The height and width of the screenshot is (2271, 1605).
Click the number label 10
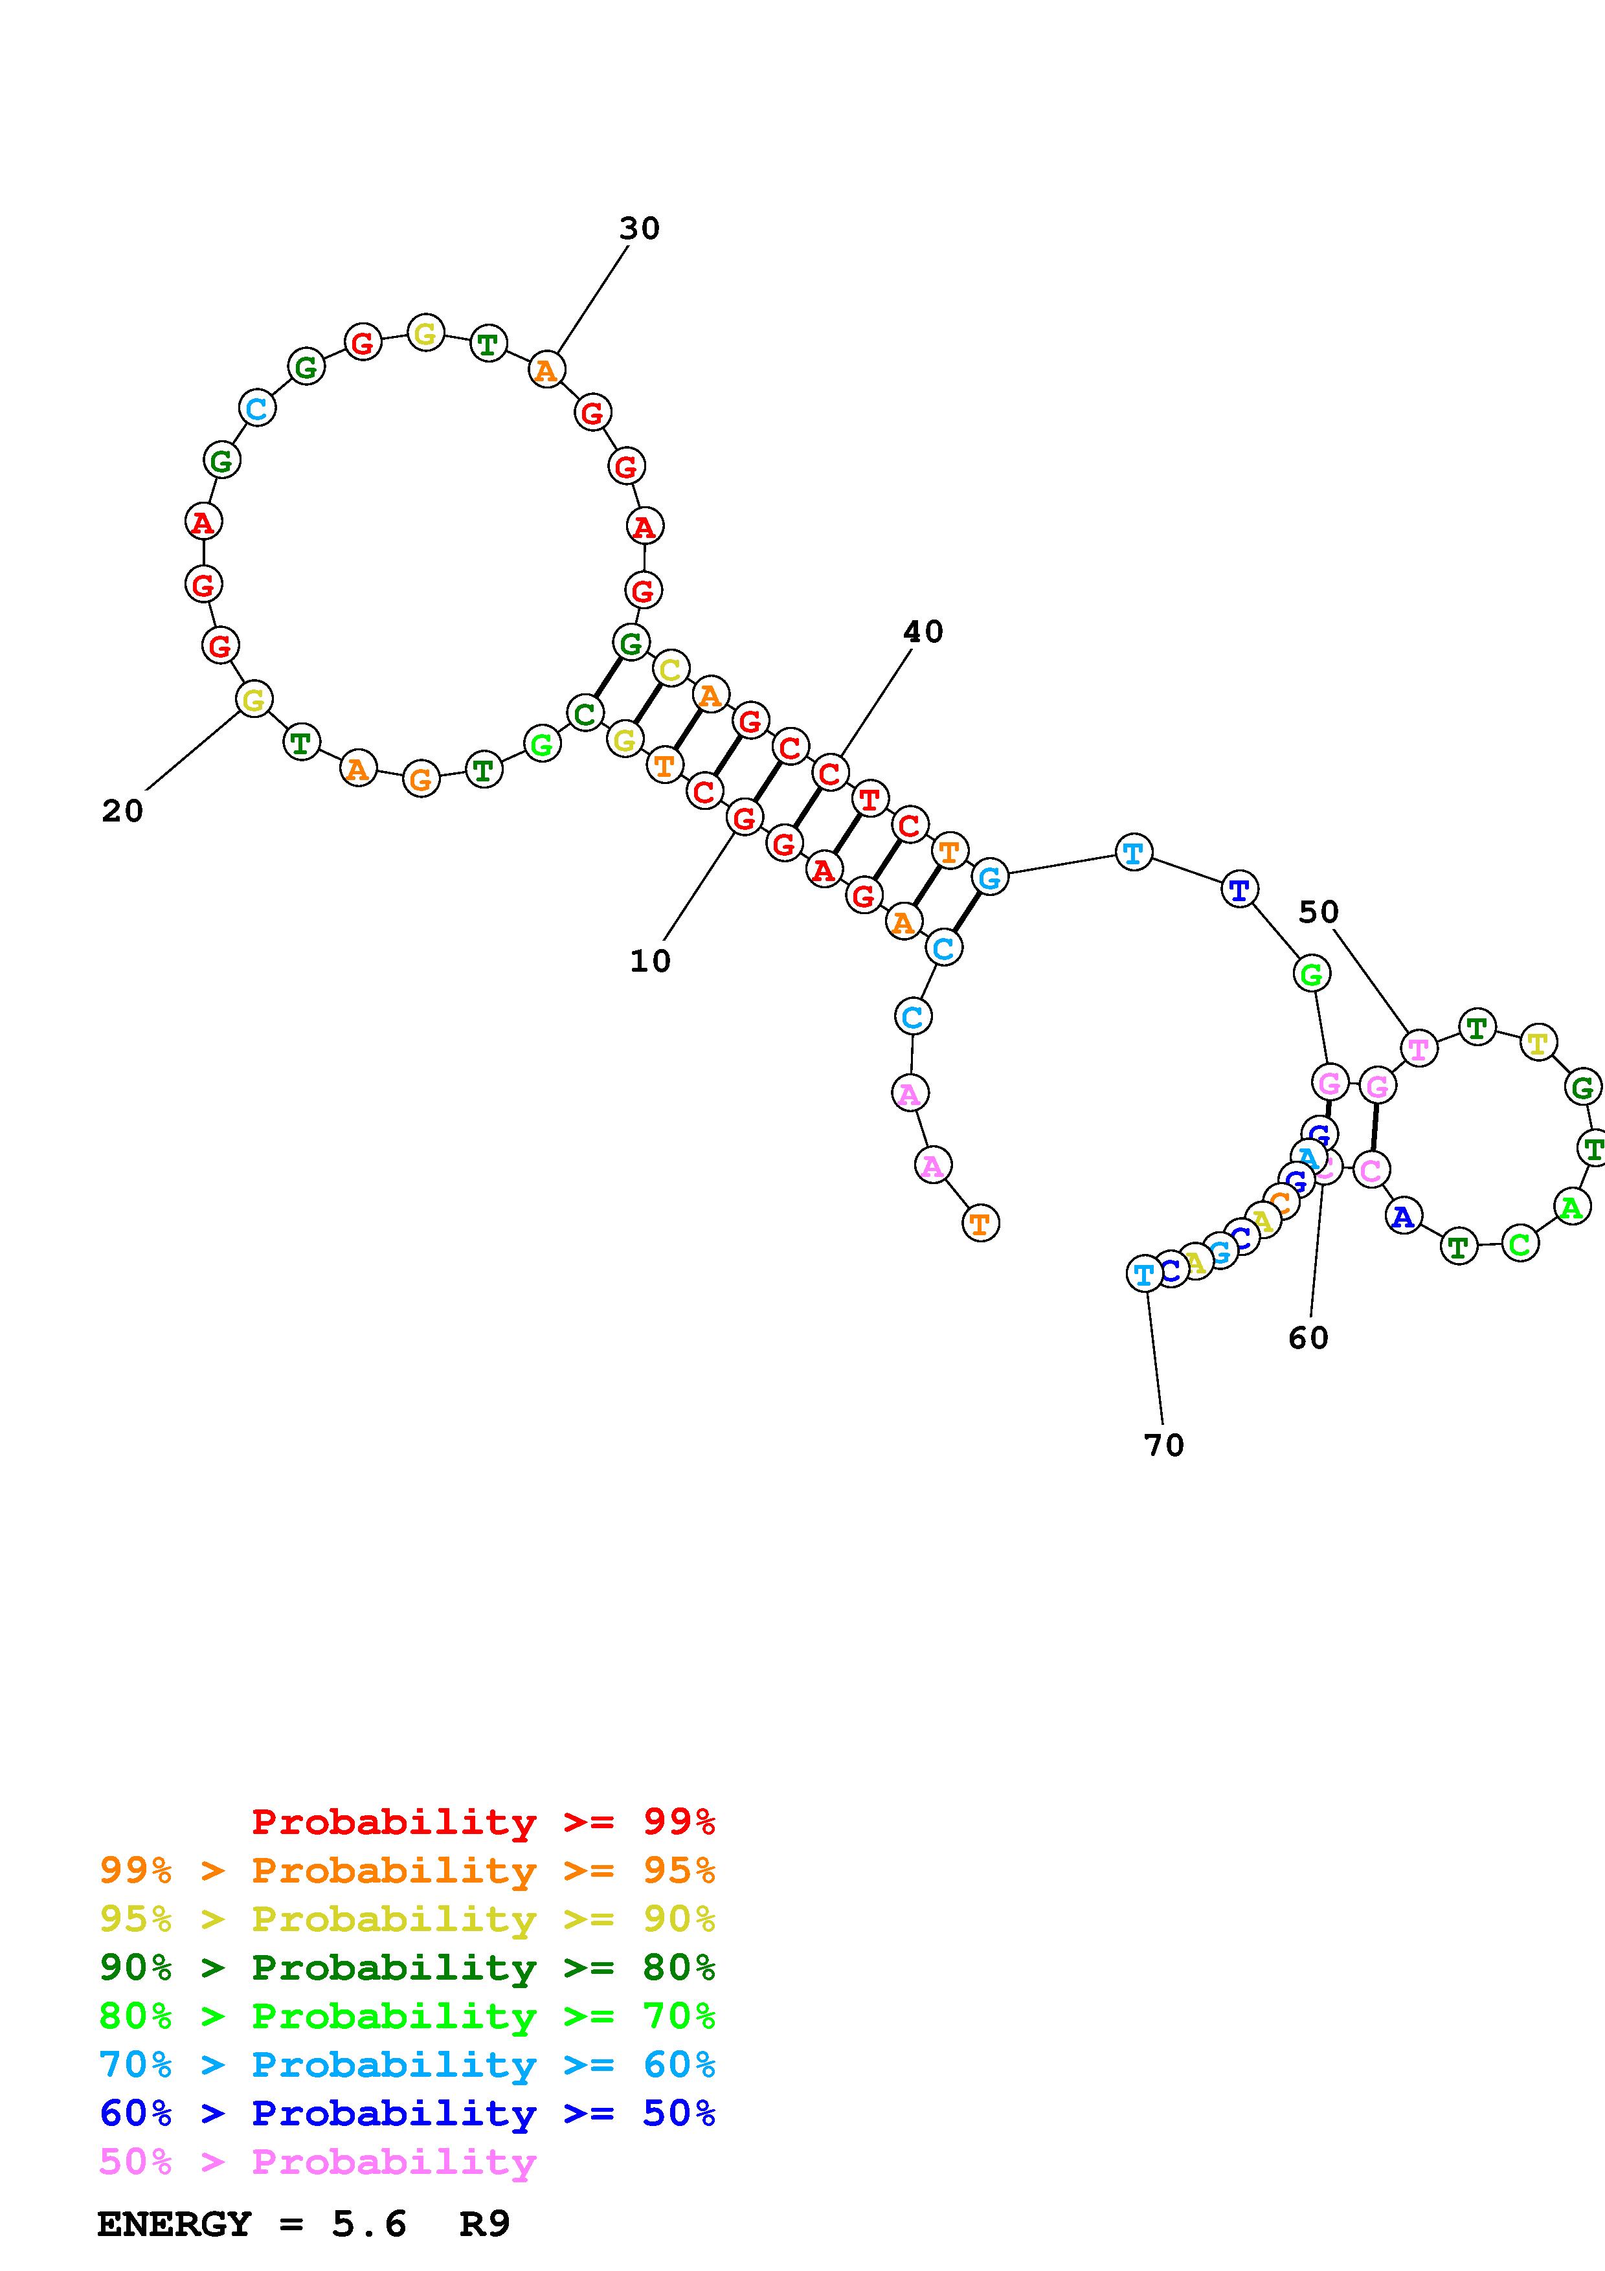(650, 961)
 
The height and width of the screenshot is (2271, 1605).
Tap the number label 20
(122, 811)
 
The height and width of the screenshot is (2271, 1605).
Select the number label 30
(639, 229)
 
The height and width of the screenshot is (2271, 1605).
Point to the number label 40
(923, 631)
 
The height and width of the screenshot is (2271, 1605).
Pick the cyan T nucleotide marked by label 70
(1143, 1274)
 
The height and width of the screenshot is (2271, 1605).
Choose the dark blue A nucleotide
(1402, 1216)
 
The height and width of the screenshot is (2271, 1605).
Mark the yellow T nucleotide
(1538, 1042)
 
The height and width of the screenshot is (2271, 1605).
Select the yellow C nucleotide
(671, 669)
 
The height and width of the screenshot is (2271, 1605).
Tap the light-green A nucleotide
(1571, 1207)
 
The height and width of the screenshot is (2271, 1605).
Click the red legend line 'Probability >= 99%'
(482, 1821)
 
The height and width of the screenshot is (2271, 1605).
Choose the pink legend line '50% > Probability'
(317, 2161)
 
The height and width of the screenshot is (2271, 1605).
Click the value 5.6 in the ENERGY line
(369, 2224)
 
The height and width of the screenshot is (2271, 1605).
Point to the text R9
(484, 2224)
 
